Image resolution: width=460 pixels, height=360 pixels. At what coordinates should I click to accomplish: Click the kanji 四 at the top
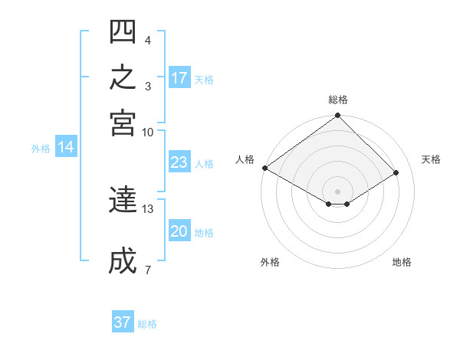click(123, 31)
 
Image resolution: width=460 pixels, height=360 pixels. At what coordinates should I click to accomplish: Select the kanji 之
click(123, 77)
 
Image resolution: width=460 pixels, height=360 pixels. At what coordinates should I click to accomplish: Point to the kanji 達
click(123, 199)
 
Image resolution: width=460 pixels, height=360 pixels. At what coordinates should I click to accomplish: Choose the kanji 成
click(123, 260)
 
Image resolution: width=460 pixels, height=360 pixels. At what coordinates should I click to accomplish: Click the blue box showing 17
click(179, 77)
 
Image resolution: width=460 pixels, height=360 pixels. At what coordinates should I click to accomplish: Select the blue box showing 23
click(179, 162)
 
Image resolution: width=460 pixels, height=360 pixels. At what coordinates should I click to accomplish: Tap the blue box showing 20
click(179, 230)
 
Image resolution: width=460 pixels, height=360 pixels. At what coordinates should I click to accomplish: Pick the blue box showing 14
click(66, 146)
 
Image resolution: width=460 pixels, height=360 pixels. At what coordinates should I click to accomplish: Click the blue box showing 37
click(123, 321)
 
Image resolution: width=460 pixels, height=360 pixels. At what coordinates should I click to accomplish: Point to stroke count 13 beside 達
click(147, 209)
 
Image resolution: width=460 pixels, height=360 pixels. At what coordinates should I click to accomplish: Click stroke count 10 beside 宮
click(147, 133)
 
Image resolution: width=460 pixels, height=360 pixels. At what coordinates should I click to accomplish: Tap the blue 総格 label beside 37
click(147, 324)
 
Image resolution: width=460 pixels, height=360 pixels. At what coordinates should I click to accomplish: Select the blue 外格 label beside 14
click(41, 149)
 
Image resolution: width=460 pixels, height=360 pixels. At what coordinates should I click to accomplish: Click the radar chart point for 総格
click(337, 115)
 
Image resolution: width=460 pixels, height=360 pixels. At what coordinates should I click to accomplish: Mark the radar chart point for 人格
click(265, 168)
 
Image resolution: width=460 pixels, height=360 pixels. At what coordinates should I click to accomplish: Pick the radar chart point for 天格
click(396, 172)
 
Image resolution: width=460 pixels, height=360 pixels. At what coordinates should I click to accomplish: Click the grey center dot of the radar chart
click(337, 191)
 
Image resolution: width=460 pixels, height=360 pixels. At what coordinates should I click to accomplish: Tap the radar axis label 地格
click(402, 262)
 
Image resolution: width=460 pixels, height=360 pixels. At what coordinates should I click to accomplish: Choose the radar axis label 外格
click(270, 262)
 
